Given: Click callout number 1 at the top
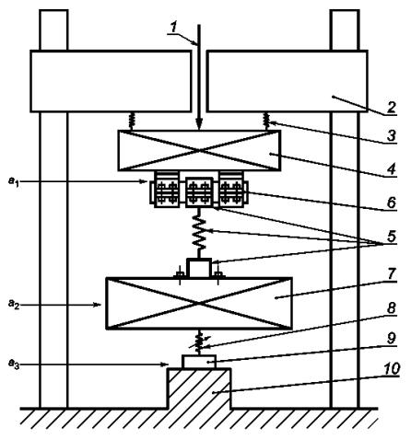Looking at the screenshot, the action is pos(174,27).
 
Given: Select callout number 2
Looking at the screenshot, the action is pos(391,108).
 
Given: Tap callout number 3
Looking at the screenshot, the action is pos(391,136).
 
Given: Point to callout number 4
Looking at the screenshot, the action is pos(391,169).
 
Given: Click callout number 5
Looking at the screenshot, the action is pos(391,237).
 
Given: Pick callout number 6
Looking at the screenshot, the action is pos(391,203).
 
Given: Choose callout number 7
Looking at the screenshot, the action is pos(391,273).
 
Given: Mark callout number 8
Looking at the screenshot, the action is pos(391,307).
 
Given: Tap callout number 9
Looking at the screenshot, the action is pos(391,339).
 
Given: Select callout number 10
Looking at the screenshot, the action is pos(391,368).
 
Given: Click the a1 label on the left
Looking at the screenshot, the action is pos(14,182).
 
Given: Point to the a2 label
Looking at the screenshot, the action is pos(14,305).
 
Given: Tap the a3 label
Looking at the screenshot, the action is pos(14,365).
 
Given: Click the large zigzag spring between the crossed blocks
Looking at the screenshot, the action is pos(199,232).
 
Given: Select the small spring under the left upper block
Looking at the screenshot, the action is pos(132,122).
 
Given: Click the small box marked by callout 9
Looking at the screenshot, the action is pos(199,362).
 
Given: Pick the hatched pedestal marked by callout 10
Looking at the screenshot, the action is pos(199,388).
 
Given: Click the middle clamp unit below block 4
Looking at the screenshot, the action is pos(199,192).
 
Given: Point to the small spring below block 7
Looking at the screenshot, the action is pos(200,342).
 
